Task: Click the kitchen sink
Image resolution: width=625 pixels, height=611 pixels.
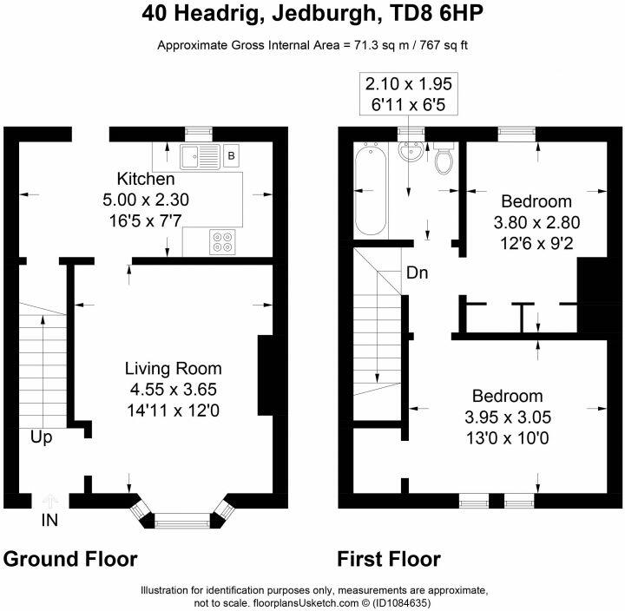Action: coord(200,156)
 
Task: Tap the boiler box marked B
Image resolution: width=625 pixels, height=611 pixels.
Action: coord(231,155)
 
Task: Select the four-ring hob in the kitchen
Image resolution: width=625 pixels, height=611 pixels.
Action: coord(222,242)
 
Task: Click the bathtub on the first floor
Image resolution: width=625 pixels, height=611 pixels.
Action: coord(371,191)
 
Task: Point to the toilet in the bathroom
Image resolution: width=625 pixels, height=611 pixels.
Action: coord(444,158)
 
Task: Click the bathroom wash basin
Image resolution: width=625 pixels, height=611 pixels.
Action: coord(411,151)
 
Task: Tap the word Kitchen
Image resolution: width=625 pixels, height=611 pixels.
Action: coord(146,179)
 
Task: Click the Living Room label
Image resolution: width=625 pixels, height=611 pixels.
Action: coord(174,369)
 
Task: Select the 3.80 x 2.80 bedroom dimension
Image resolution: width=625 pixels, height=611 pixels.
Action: coord(536,222)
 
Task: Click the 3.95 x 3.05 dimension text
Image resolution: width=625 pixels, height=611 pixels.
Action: coord(508,417)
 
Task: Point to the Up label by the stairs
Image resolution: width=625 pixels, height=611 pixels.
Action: coord(41,437)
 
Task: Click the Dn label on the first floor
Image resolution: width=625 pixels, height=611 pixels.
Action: coord(418,273)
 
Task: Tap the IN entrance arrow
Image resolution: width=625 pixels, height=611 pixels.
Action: coord(49,501)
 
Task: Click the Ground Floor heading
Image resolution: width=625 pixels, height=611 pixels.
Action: coord(70,559)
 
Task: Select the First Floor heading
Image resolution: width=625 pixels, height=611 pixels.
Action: coord(389,559)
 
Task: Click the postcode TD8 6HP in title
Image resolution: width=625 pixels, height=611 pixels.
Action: coord(436,14)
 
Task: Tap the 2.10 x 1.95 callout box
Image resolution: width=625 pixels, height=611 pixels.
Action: coord(409,95)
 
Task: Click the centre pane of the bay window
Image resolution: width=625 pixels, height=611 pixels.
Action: coord(182,521)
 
